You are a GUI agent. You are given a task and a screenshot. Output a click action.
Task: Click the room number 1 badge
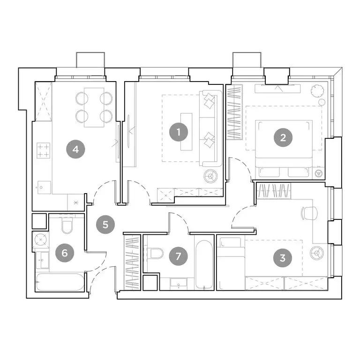coord(179,132)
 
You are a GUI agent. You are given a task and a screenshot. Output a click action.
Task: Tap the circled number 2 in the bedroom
coord(283,137)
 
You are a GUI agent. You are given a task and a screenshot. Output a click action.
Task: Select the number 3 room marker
coord(282,257)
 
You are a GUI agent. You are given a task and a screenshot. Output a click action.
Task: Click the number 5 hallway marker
coord(105,224)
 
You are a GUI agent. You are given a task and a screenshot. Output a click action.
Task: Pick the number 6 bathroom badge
coord(65,253)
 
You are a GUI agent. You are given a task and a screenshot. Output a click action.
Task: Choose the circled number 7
coord(178,256)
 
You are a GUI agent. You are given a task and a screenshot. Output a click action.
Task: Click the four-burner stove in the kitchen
coord(43,150)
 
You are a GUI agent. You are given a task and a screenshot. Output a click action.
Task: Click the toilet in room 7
coord(155,254)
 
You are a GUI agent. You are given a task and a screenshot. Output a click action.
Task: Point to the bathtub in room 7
coord(204,265)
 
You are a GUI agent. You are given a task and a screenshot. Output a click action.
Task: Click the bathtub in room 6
coord(60,283)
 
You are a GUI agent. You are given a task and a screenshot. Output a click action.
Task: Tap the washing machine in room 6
coord(40,240)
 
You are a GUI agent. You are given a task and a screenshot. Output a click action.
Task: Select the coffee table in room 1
coord(186,132)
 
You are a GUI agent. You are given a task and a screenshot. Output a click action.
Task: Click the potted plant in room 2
coord(316,89)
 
